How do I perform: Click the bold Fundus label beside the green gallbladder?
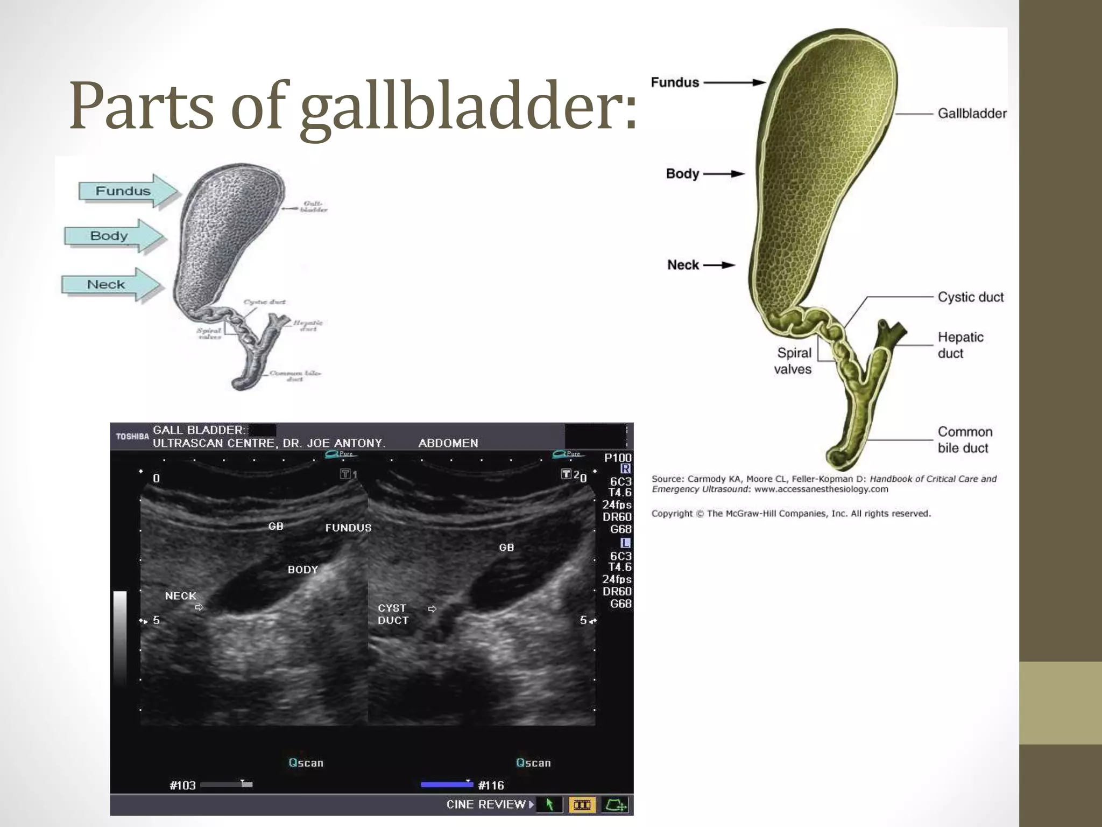pyautogui.click(x=675, y=82)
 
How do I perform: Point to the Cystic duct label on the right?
pyautogui.click(x=971, y=297)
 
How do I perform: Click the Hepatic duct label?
pyautogui.click(x=960, y=345)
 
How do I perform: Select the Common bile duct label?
pyautogui.click(x=965, y=440)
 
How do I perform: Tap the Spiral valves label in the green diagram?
pyautogui.click(x=793, y=361)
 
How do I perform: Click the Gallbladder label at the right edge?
pyautogui.click(x=972, y=114)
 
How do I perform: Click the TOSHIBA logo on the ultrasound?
pyautogui.click(x=132, y=437)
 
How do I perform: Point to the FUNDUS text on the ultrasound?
pyautogui.click(x=348, y=528)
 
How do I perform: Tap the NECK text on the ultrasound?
pyautogui.click(x=181, y=596)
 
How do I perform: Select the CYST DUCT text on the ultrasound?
pyautogui.click(x=393, y=614)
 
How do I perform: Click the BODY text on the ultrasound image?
pyautogui.click(x=303, y=570)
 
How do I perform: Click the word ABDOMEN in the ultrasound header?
pyautogui.click(x=448, y=443)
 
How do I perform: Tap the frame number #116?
pyautogui.click(x=491, y=786)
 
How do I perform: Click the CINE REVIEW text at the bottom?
pyautogui.click(x=486, y=804)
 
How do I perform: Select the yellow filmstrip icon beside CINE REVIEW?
pyautogui.click(x=582, y=805)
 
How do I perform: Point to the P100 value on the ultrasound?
pyautogui.click(x=618, y=458)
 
